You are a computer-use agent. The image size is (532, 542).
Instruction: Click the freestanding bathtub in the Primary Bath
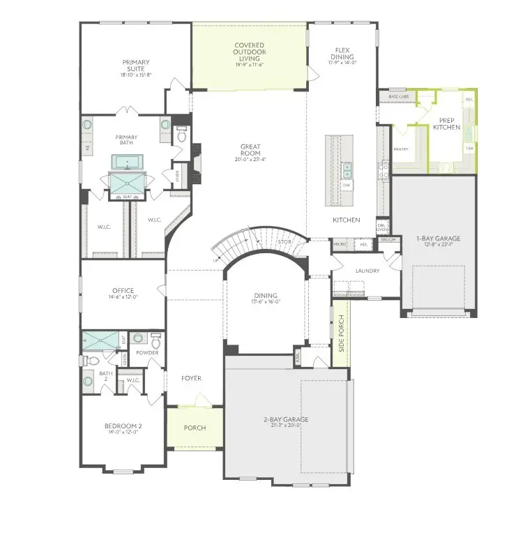[x=127, y=163]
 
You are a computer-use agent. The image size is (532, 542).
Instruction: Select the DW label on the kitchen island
[x=347, y=185]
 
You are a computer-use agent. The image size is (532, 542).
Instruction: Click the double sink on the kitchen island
[x=347, y=170]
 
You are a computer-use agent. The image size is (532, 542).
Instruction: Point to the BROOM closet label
[x=388, y=240]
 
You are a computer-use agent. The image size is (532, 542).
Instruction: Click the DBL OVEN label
[x=382, y=228]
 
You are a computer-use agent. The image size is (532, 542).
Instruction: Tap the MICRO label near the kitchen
[x=340, y=244]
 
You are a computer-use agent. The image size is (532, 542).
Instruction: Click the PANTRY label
[x=400, y=149]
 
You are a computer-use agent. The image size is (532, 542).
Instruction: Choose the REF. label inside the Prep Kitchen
[x=469, y=99]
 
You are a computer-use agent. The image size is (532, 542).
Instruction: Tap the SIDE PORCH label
[x=342, y=333]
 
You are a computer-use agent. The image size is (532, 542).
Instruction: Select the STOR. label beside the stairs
[x=284, y=243]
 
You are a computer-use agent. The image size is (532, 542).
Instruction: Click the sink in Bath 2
[x=89, y=381]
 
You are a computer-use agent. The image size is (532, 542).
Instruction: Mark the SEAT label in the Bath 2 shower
[x=123, y=340]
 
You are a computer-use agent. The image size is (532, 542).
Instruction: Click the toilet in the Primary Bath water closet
[x=181, y=135]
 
